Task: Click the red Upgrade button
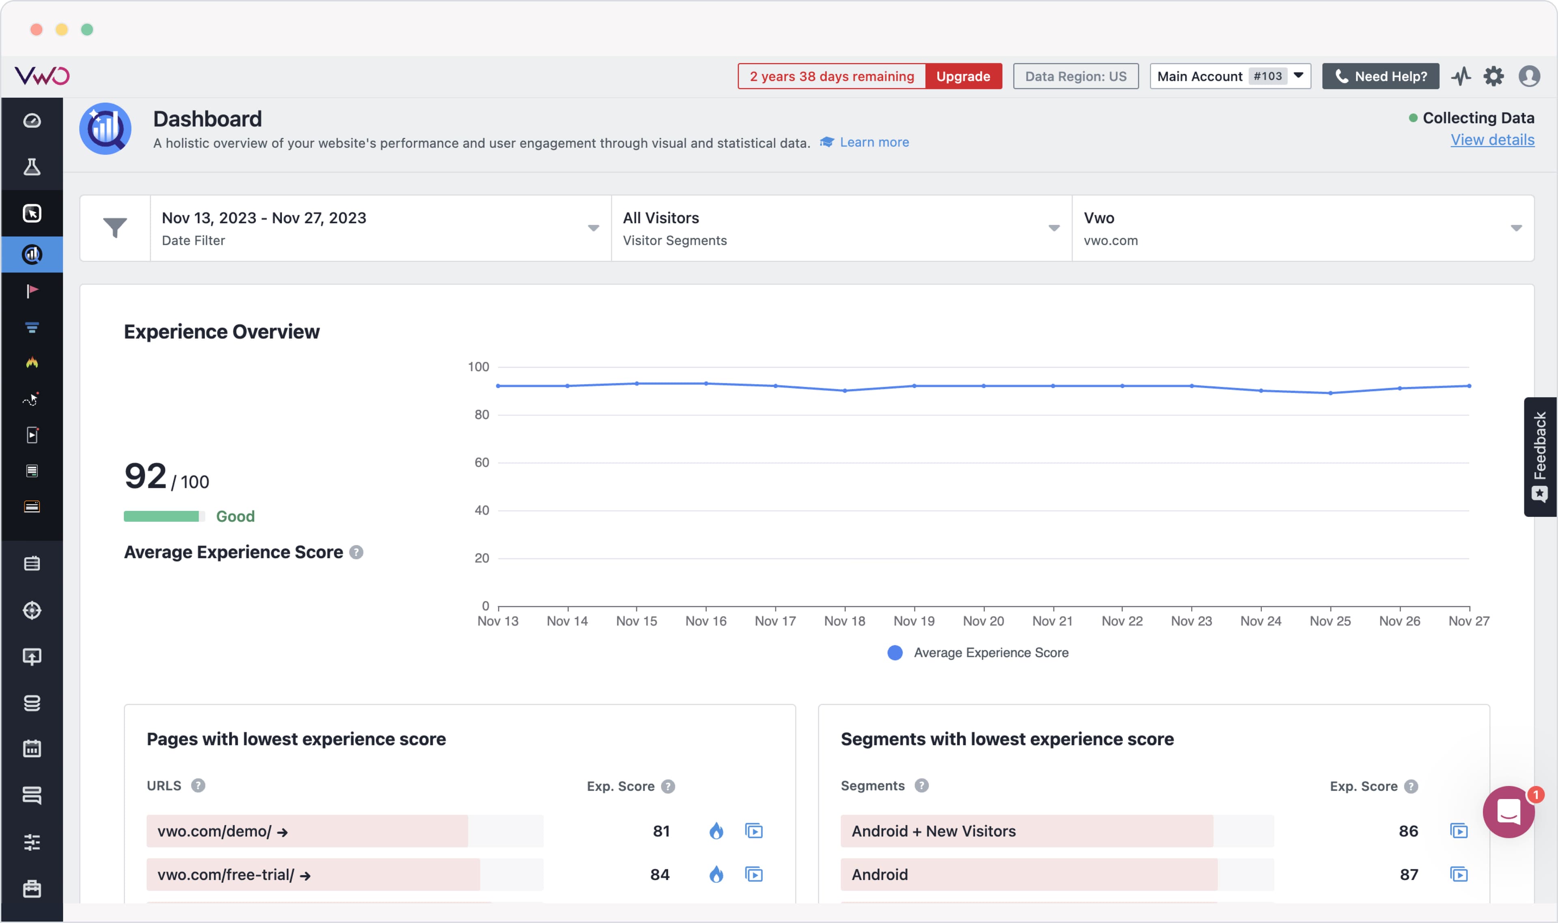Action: coord(963,76)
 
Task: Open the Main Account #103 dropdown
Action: coord(1229,76)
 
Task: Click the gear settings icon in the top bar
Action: coord(1493,76)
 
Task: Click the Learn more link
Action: coord(874,143)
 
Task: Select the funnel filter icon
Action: coord(115,228)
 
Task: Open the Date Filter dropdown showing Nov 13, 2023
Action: coord(380,228)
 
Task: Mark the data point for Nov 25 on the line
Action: coord(1330,393)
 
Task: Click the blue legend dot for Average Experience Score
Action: coord(895,653)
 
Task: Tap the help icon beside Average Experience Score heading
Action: coord(356,552)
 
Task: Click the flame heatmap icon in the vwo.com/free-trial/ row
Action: coord(716,875)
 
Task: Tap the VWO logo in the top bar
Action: coord(42,76)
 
